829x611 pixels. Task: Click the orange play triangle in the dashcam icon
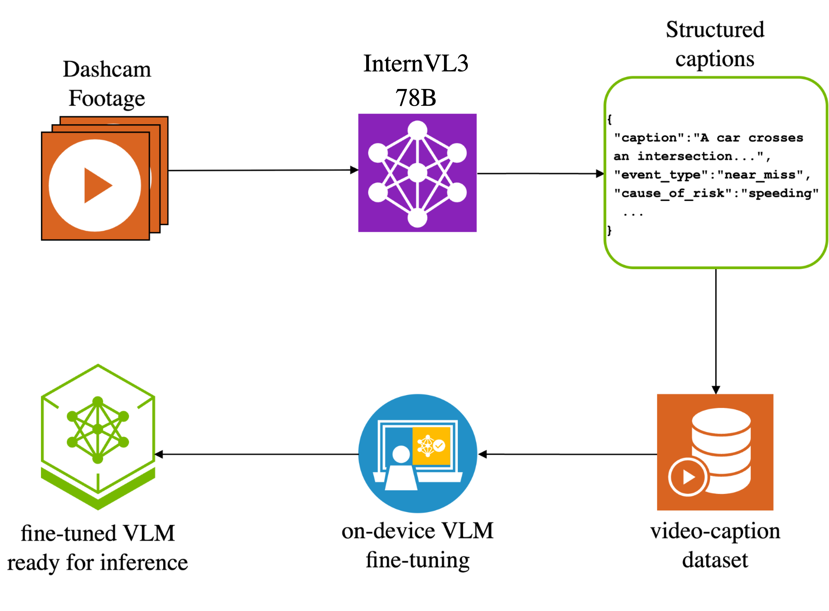point(96,185)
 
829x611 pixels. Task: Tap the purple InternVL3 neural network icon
point(417,173)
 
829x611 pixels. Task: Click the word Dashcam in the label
point(107,69)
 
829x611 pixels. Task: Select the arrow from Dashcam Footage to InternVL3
point(259,170)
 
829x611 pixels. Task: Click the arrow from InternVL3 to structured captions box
point(540,173)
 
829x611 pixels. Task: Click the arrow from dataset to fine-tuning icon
point(566,454)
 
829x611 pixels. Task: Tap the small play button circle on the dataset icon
point(688,477)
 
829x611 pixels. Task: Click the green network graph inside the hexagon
point(98,429)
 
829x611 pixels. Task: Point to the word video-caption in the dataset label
point(715,531)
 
